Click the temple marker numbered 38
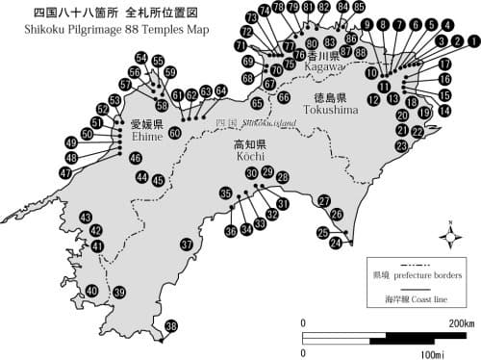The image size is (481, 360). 171,327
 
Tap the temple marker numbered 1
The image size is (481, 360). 472,42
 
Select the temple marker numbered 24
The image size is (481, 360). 336,244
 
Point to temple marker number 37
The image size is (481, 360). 187,244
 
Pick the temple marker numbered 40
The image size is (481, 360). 91,291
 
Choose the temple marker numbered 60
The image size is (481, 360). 174,133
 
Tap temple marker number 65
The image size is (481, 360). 257,103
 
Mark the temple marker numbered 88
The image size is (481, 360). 360,52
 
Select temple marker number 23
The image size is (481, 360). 401,145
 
